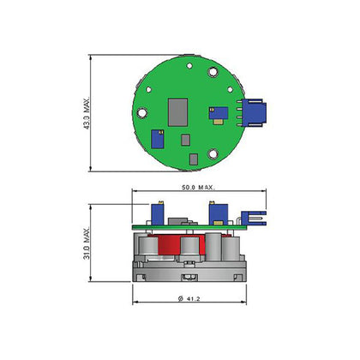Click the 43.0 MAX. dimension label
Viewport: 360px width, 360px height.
tap(87, 113)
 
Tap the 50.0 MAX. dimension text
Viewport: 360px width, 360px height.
tap(198, 188)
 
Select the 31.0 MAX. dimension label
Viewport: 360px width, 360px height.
tap(87, 243)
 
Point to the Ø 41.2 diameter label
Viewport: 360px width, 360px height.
tap(189, 299)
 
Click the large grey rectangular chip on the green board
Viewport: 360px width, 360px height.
tap(177, 112)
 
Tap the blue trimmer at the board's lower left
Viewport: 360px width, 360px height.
tap(158, 139)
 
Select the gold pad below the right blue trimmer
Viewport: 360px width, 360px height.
tap(219, 122)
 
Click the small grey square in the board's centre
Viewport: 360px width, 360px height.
tap(186, 140)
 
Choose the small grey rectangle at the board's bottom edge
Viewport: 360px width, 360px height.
tap(194, 159)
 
